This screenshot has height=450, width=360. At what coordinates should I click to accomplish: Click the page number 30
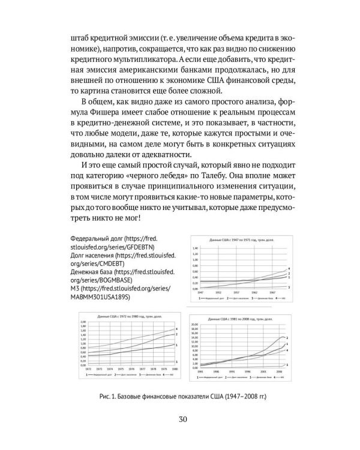pyautogui.click(x=180, y=419)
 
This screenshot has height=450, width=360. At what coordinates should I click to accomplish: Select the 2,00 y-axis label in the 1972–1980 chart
pyautogui.click(x=83, y=322)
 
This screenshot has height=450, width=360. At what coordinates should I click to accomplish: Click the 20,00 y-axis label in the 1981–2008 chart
pyautogui.click(x=194, y=324)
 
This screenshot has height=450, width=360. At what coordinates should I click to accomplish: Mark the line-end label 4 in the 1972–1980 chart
pyautogui.click(x=176, y=329)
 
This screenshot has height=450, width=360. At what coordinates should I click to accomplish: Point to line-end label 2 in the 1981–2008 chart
pyautogui.click(x=287, y=339)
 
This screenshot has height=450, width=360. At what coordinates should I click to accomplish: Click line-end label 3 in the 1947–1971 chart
pyautogui.click(x=289, y=287)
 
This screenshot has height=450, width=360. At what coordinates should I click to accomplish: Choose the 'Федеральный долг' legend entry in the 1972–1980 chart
pyautogui.click(x=98, y=376)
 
